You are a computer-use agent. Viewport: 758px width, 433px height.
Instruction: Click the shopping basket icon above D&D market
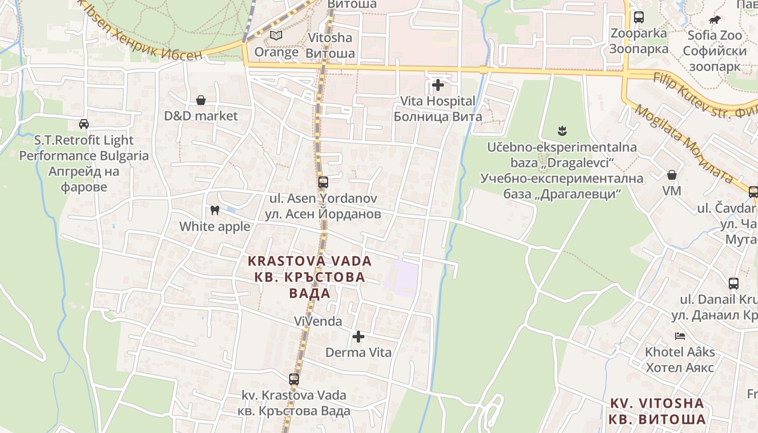(x=201, y=100)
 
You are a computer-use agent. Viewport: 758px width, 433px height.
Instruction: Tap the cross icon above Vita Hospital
(x=437, y=85)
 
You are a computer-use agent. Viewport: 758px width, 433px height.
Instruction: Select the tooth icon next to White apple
(x=215, y=210)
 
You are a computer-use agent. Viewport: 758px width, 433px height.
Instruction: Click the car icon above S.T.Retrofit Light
(x=84, y=124)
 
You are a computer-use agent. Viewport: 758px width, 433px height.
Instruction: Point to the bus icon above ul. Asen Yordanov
(x=323, y=182)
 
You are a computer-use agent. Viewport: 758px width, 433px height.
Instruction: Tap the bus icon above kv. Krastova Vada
(x=294, y=379)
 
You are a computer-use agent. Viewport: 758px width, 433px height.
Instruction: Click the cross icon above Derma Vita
(x=358, y=337)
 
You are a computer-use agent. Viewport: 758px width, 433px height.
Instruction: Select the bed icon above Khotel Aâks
(x=680, y=336)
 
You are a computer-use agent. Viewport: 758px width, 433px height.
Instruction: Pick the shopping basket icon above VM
(x=672, y=175)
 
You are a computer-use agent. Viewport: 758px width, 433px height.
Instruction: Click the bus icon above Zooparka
(x=639, y=17)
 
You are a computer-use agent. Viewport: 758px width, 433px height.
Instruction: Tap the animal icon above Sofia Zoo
(x=715, y=20)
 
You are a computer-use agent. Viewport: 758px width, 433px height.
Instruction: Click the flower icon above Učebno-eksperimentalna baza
(x=562, y=131)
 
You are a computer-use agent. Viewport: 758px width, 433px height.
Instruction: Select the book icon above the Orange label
(x=276, y=36)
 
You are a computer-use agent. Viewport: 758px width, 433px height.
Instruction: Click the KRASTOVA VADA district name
(x=310, y=261)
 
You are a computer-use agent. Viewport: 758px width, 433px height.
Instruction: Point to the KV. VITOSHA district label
(x=657, y=403)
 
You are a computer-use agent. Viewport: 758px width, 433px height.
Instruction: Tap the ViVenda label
(x=318, y=322)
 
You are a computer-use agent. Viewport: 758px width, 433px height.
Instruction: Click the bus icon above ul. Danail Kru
(x=734, y=283)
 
